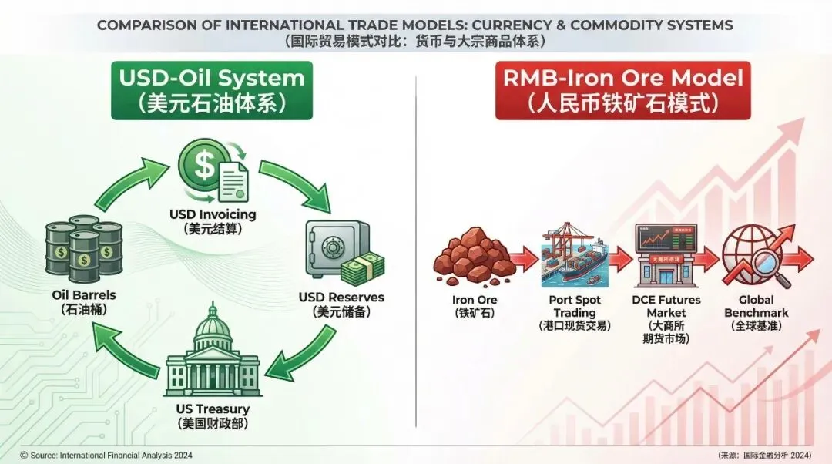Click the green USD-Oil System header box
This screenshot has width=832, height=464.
(212, 91)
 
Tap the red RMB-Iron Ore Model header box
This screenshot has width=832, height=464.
(622, 91)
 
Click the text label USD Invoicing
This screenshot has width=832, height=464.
(213, 214)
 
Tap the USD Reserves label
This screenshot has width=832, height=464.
(341, 297)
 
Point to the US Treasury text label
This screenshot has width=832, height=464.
(213, 409)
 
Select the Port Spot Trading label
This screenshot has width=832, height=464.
(574, 306)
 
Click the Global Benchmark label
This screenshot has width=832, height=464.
(755, 306)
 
